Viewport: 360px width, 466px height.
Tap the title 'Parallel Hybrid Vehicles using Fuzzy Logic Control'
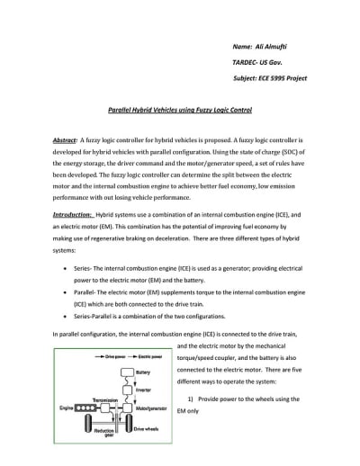tap(180, 110)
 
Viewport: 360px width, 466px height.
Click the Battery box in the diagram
tap(136, 368)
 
